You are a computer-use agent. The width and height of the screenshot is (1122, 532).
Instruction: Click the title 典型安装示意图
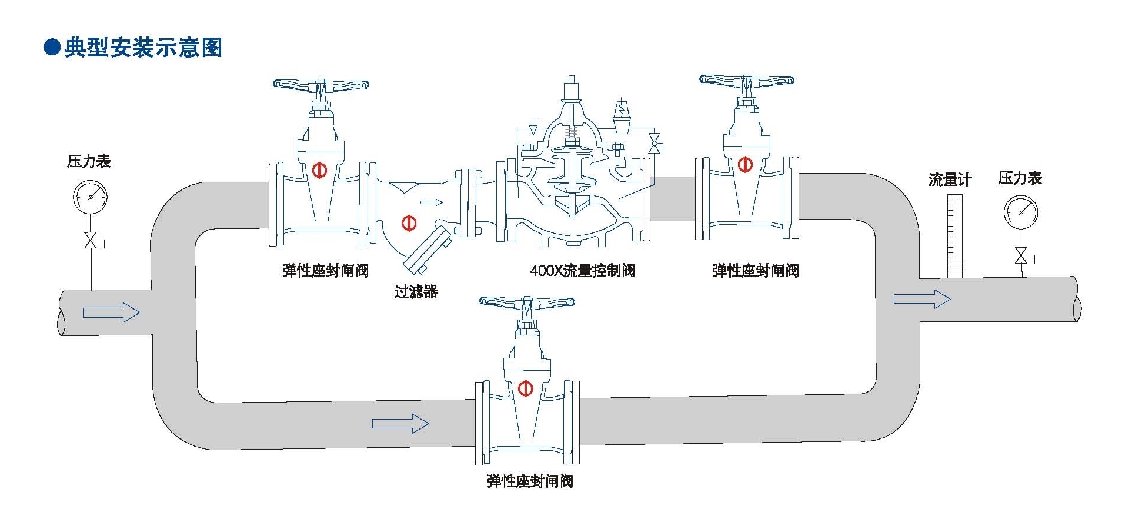143,48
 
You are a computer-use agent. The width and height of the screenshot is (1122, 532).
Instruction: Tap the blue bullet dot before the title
52,48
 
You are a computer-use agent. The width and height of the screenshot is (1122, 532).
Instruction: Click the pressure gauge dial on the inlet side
90,197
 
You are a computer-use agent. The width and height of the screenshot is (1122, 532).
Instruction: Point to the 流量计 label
950,179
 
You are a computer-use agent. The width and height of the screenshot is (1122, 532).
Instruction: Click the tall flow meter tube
954,235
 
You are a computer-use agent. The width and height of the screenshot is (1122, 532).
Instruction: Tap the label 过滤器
416,291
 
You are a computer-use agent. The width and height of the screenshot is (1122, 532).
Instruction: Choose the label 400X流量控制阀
582,271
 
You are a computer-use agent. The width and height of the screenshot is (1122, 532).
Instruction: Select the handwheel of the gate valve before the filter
320,85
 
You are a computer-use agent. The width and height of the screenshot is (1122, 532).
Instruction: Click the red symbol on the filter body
409,223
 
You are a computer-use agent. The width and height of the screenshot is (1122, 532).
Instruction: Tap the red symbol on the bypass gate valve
526,388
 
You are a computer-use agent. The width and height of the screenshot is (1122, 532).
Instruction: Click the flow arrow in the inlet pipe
111,312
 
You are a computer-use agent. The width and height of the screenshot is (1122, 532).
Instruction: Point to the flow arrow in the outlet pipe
921,299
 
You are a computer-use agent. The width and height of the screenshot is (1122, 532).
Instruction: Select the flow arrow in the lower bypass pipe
400,423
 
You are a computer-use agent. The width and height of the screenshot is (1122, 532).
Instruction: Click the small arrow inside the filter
432,202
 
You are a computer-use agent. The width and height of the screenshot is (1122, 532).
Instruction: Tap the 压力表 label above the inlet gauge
89,161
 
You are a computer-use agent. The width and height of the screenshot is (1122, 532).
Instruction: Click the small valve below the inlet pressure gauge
91,241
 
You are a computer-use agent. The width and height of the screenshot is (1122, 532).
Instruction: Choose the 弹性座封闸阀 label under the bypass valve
530,481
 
